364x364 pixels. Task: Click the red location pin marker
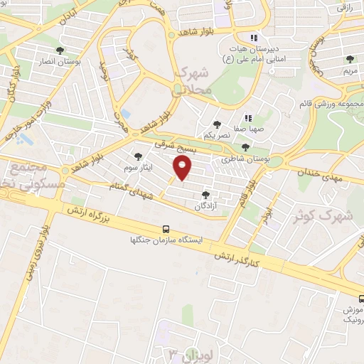click(x=183, y=168)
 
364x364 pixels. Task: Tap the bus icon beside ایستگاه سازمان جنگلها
click(x=166, y=230)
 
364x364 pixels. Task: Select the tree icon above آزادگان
click(x=205, y=195)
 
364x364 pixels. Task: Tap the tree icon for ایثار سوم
click(x=138, y=156)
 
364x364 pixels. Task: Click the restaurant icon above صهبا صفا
click(x=247, y=119)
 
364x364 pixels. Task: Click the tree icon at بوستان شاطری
click(x=245, y=148)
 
